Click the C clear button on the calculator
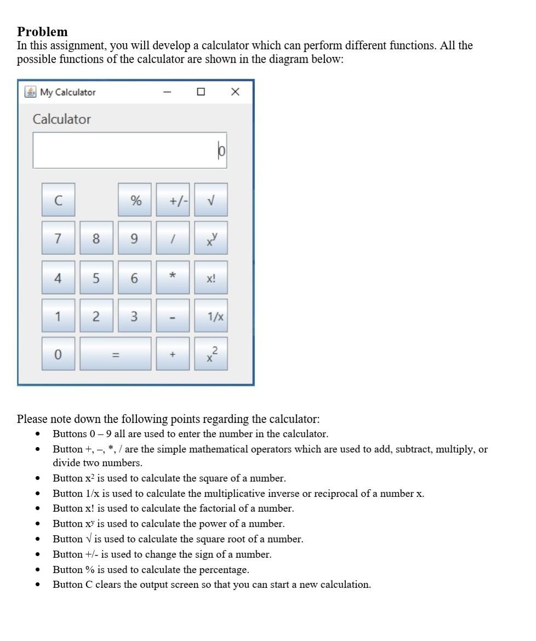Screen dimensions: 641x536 (58, 200)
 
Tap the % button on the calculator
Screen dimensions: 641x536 (135, 200)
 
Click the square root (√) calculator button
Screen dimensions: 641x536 (211, 200)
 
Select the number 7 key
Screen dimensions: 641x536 (58, 238)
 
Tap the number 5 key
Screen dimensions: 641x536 (96, 278)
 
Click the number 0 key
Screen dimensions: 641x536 (58, 354)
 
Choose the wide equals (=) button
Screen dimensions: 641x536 (116, 354)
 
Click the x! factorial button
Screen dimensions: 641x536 (211, 278)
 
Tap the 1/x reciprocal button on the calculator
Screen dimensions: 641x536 (211, 316)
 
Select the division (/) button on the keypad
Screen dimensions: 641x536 (173, 238)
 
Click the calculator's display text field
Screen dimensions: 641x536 (130, 150)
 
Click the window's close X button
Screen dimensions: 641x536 (235, 92)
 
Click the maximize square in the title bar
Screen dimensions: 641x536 (201, 92)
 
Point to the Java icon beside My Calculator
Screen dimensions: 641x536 (31, 92)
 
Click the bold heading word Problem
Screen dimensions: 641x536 (42, 32)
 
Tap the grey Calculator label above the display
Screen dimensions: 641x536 (62, 119)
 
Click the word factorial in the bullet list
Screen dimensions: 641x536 (219, 508)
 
